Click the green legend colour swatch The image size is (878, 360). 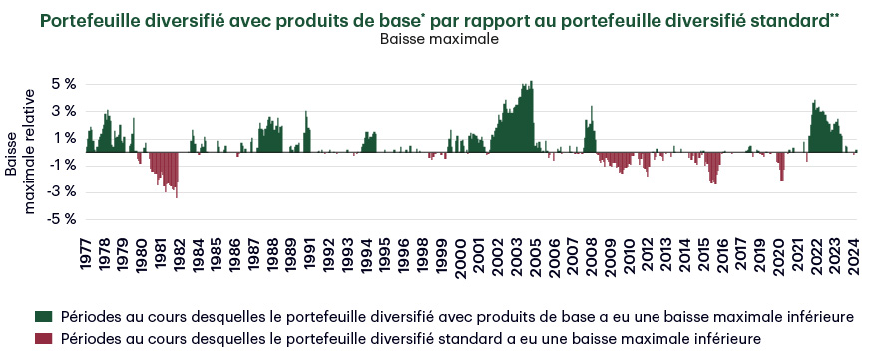(43, 317)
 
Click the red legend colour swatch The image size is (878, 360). (43, 339)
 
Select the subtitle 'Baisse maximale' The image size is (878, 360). (440, 40)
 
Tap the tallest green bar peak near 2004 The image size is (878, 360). (532, 82)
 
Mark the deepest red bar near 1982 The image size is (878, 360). (177, 196)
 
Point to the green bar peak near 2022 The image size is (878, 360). (815, 101)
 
